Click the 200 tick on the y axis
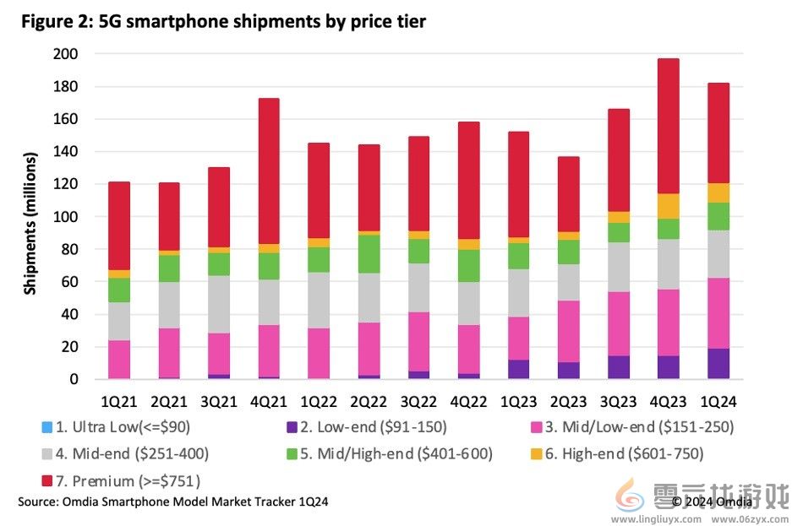(66, 54)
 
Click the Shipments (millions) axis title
(30, 223)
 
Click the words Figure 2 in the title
(55, 22)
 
